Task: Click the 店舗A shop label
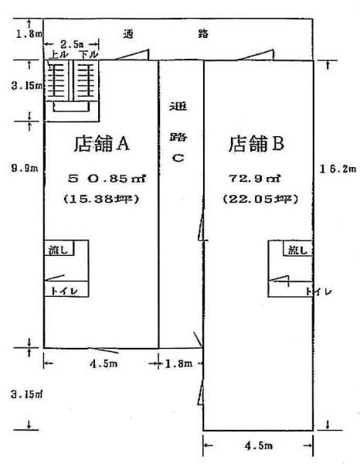102,144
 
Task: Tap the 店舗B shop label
256,144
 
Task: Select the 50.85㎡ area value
107,179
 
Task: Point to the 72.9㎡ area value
255,179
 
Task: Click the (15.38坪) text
101,199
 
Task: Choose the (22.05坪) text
260,199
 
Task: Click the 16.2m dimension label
338,169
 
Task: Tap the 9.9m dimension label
25,168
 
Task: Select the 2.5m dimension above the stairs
72,45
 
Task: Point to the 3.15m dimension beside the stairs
26,86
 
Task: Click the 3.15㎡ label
26,394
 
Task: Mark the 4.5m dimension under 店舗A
104,363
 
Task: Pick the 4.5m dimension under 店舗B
259,445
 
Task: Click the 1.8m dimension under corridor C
178,363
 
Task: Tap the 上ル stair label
59,54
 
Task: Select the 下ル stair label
88,54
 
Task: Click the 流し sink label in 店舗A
58,251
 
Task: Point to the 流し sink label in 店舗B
297,251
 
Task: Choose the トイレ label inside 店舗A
64,291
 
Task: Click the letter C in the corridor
178,158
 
